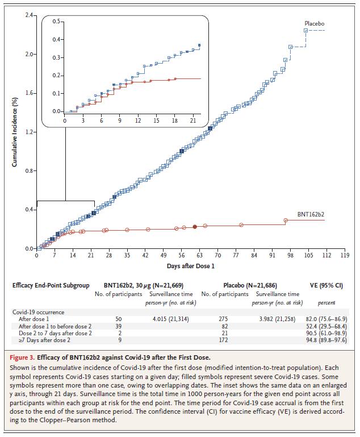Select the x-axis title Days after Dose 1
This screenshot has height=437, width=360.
click(191, 265)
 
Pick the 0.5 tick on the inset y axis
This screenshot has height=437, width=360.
click(56, 22)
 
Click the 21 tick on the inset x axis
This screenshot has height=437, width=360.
click(193, 121)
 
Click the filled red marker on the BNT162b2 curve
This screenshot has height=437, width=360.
click(195, 227)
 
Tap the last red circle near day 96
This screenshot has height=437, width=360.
click(286, 220)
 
